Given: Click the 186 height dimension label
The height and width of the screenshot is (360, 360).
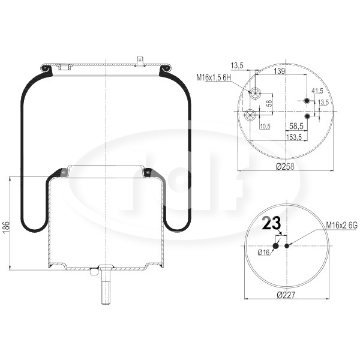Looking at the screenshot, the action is (x=6, y=227).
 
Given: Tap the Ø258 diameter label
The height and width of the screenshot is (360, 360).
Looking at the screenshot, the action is (x=284, y=166).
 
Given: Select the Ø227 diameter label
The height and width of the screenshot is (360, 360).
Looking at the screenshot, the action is (x=286, y=295).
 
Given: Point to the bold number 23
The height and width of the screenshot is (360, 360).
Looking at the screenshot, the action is (x=271, y=223).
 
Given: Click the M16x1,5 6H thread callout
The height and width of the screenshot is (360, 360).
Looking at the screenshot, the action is (x=213, y=77).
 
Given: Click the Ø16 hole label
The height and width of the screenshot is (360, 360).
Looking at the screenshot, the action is (x=263, y=253).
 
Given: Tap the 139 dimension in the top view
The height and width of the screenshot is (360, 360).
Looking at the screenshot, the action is (x=280, y=71).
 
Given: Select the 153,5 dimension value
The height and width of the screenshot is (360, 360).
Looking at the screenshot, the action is (x=294, y=137).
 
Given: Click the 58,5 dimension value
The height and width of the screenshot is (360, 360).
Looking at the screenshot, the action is (x=296, y=126).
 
